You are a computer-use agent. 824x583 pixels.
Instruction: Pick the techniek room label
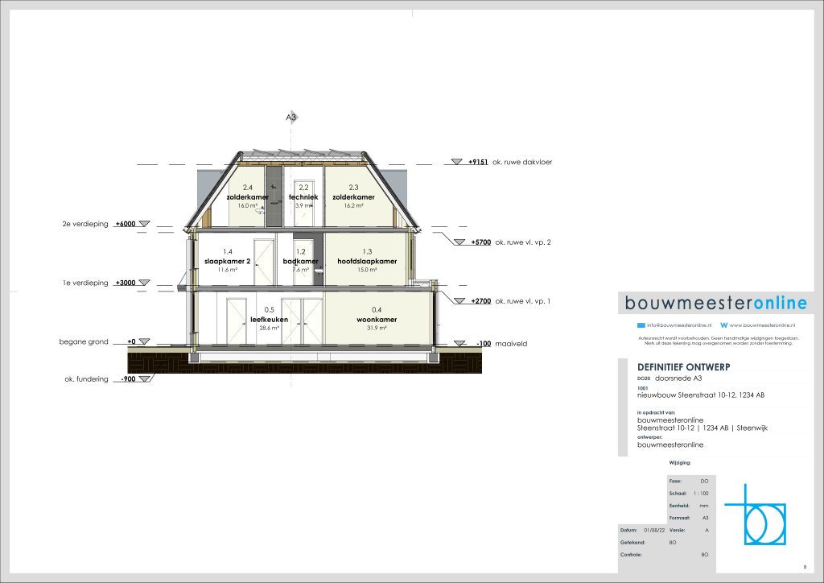(x=304, y=197)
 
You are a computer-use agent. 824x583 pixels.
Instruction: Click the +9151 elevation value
(x=480, y=163)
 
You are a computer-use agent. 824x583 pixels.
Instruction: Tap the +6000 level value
(x=126, y=224)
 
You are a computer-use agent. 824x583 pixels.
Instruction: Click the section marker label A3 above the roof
(x=292, y=118)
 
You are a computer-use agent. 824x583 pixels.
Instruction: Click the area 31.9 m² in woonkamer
(x=377, y=328)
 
